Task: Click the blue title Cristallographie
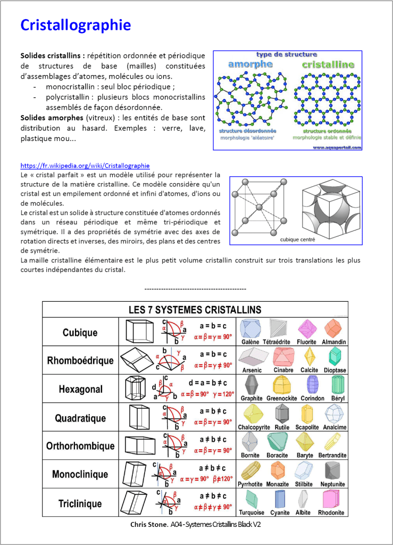75,25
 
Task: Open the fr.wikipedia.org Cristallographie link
85,166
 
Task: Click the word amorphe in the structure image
250,64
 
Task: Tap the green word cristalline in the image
328,64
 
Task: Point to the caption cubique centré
297,240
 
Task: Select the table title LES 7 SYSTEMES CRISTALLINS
195,309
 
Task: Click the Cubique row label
80,333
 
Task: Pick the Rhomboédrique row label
80,360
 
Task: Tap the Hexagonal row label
80,389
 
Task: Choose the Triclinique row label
80,503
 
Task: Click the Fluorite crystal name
307,342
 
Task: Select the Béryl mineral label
338,398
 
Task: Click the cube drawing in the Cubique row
139,332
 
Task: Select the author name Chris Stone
149,524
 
